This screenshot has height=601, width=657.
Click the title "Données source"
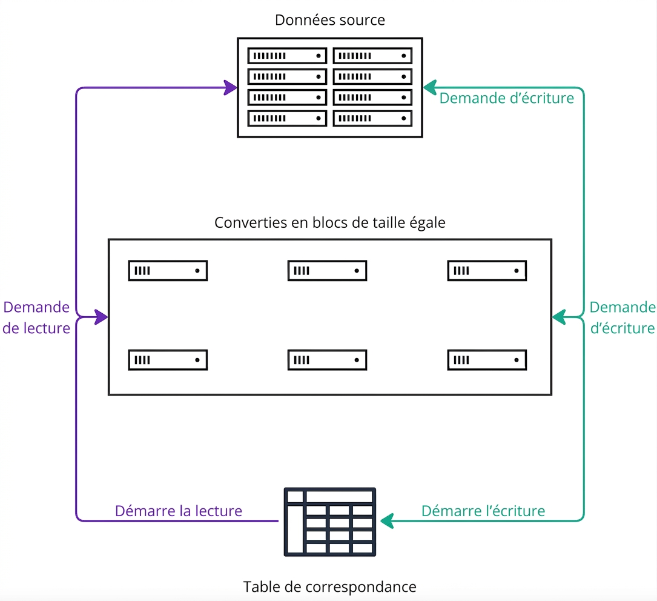tap(330, 20)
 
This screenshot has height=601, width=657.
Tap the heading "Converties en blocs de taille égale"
tap(330, 222)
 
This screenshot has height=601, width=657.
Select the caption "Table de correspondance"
tap(330, 586)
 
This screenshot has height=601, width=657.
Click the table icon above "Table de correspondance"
tap(330, 522)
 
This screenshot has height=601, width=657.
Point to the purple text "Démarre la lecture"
tap(179, 511)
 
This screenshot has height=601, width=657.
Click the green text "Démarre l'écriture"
tap(483, 511)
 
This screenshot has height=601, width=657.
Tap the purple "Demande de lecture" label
tap(36, 317)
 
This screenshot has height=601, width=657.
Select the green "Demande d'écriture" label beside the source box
tap(507, 98)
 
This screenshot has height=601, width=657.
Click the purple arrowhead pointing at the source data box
tap(231, 88)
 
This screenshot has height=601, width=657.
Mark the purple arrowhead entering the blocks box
tap(101, 317)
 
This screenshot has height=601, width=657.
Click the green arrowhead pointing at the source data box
tap(430, 88)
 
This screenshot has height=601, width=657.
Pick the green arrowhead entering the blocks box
tap(559, 317)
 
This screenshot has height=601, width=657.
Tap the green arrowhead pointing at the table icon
tap(387, 521)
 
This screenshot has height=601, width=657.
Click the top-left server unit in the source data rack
tap(287, 56)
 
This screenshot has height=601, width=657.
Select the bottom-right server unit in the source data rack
tap(372, 118)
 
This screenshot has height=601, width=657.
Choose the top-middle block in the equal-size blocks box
tap(327, 271)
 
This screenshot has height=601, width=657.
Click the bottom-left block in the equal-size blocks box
tap(168, 360)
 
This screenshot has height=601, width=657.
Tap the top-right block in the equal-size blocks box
tap(487, 271)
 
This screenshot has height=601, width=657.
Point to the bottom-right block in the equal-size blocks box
tap(487, 360)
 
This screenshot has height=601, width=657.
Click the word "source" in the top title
tap(363, 21)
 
